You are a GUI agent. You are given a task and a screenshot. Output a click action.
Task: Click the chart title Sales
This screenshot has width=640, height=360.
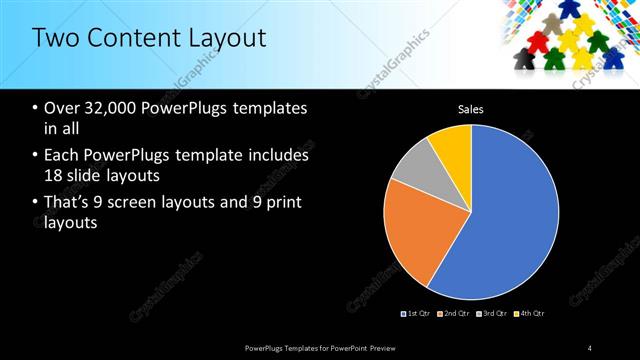pyautogui.click(x=471, y=108)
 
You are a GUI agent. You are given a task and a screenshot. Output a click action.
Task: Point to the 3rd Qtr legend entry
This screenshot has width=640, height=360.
pyautogui.click(x=491, y=313)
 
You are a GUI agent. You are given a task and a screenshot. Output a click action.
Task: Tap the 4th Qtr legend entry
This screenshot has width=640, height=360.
pyautogui.click(x=529, y=313)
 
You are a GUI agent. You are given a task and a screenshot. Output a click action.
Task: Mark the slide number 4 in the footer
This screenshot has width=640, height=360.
pyautogui.click(x=590, y=347)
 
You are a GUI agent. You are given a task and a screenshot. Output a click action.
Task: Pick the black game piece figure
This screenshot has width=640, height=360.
pyautogui.click(x=522, y=61)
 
